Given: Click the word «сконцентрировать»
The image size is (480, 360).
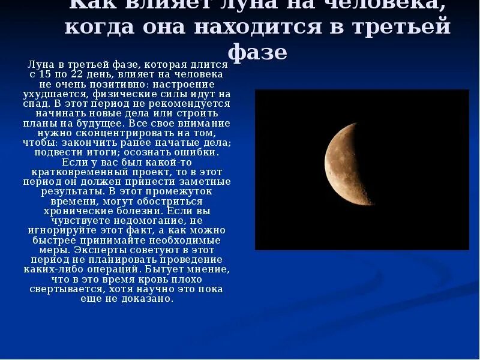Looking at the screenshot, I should pyautogui.click(x=123, y=132).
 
